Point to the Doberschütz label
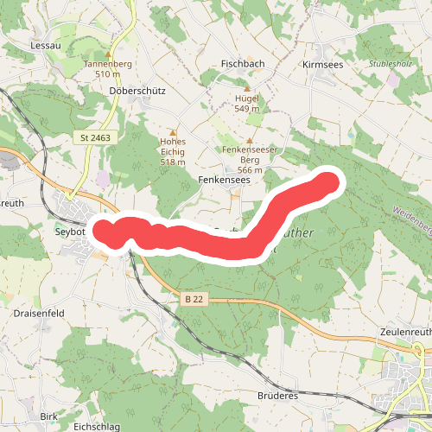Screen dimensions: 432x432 [131, 90]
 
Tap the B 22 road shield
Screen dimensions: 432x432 [195, 298]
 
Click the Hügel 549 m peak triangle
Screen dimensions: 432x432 [248, 88]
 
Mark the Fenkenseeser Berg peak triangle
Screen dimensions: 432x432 [250, 140]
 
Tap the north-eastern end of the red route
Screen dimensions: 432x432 [329, 182]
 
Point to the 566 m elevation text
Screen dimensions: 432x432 [250, 170]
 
